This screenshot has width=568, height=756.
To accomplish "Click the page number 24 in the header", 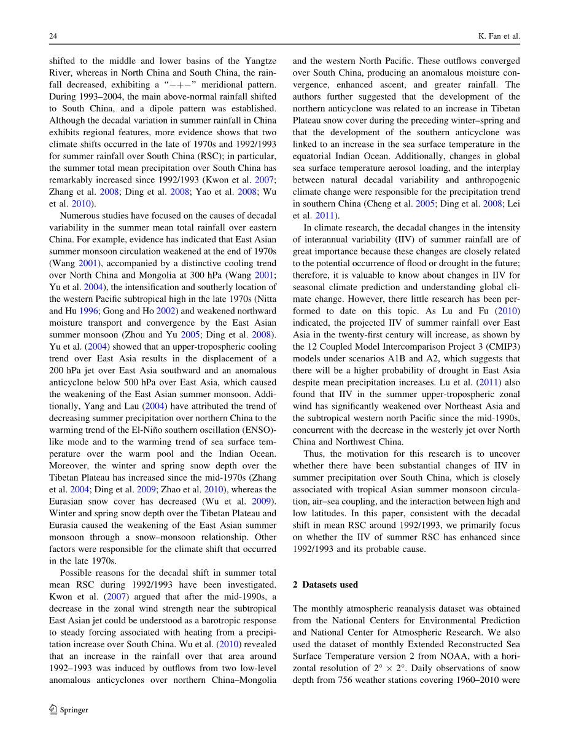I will pyautogui.click(x=53, y=36).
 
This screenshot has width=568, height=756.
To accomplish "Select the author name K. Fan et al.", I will pyautogui.click(x=499, y=36).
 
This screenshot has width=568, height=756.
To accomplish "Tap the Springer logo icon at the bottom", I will pyautogui.click(x=53, y=709).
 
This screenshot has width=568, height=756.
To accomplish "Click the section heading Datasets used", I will pyautogui.click(x=330, y=585).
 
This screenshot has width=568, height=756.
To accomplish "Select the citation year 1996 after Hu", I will pyautogui.click(x=90, y=311).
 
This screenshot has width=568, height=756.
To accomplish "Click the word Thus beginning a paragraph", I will pyautogui.click(x=313, y=454).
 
